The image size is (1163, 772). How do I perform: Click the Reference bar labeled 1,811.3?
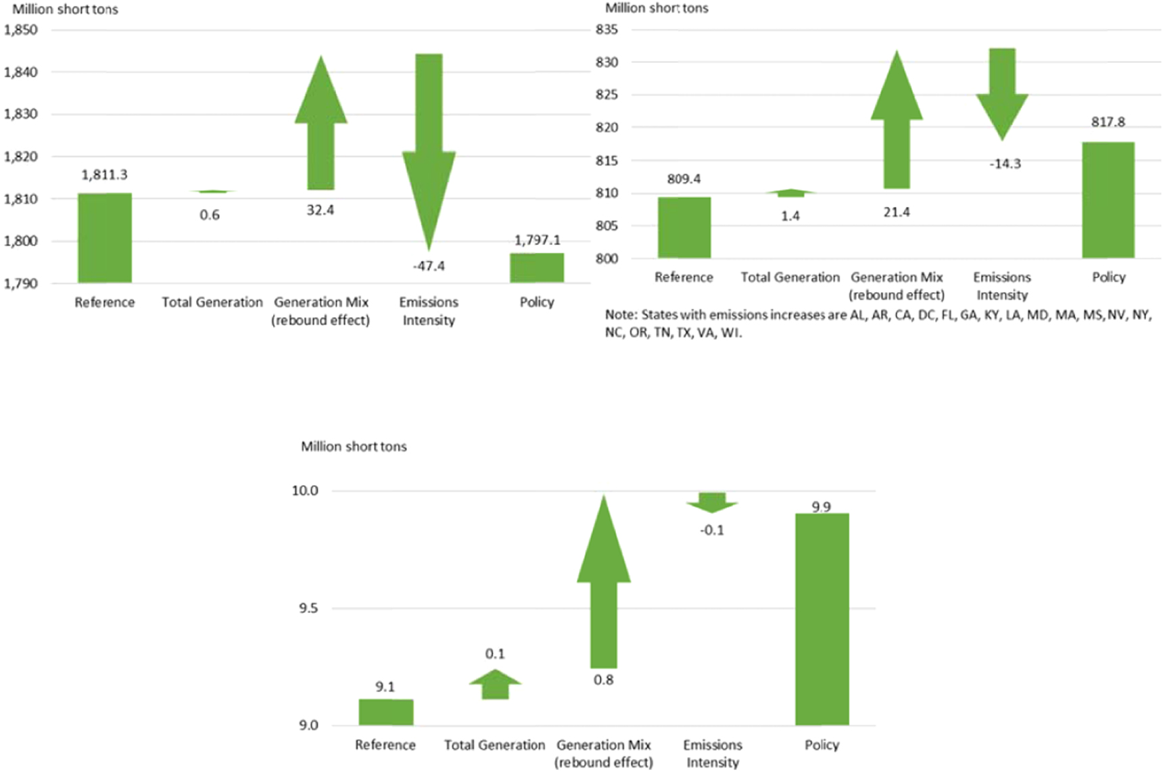click(105, 237)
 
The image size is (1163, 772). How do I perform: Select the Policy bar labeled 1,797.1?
click(537, 267)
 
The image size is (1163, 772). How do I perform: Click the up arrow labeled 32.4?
click(321, 129)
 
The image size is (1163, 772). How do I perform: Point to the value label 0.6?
click(210, 215)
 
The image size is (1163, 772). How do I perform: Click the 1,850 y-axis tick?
click(21, 30)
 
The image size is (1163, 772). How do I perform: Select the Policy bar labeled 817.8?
click(1108, 200)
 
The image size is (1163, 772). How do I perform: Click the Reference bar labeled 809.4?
click(684, 227)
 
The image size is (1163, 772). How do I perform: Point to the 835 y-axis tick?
click(607, 30)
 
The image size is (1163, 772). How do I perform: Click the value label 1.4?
click(790, 216)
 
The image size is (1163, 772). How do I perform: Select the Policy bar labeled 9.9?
click(822, 619)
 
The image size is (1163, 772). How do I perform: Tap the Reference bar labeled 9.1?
click(385, 712)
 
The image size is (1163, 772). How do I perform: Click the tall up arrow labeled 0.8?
click(603, 589)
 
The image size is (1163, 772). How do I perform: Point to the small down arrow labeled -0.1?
click(712, 502)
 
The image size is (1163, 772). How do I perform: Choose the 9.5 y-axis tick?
click(308, 608)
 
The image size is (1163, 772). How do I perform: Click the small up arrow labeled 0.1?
click(495, 685)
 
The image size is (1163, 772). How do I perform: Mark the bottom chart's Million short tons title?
click(354, 447)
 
